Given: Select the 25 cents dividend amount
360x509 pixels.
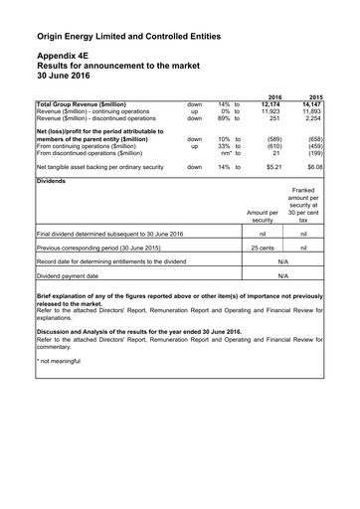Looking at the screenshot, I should (x=263, y=248).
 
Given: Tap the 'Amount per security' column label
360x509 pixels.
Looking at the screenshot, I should (x=263, y=216).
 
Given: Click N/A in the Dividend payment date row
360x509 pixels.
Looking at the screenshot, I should (x=282, y=275).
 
